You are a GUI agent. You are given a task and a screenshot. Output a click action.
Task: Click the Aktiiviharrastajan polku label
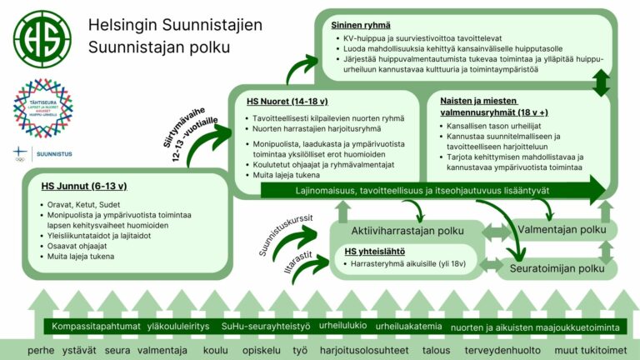point(407,230)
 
